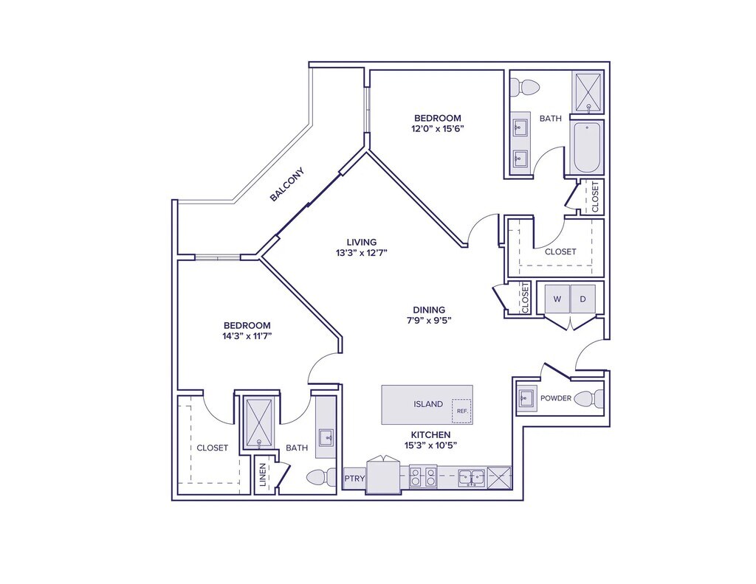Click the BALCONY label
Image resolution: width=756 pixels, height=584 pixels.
(286, 184)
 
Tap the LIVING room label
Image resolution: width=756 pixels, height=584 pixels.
(362, 242)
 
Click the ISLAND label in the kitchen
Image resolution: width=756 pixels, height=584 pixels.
(428, 404)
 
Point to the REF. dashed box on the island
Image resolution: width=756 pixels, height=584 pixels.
(461, 411)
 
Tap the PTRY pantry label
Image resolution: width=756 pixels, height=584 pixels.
(354, 479)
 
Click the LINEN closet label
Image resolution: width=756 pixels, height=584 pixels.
(263, 476)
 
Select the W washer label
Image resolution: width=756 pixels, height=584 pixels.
(557, 299)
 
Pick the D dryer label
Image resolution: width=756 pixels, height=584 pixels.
(582, 299)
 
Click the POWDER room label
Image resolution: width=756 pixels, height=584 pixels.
(556, 398)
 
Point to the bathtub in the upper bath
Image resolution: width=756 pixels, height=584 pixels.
(587, 147)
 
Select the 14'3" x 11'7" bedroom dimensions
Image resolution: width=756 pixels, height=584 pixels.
(247, 336)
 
